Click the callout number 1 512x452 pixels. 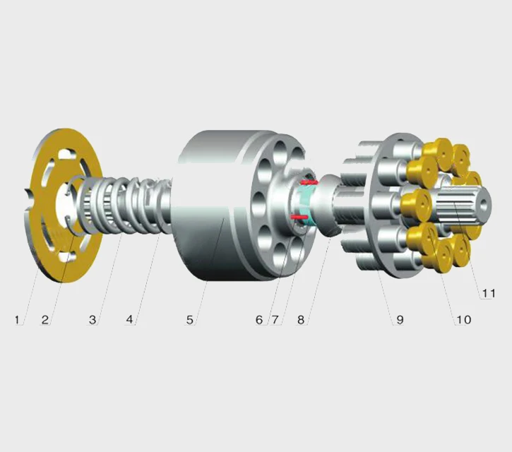tap(17, 320)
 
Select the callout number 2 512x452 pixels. tap(45, 320)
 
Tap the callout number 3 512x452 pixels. tap(93, 320)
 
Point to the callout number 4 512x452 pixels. tap(129, 320)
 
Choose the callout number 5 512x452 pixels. tap(190, 320)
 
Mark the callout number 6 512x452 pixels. tap(259, 320)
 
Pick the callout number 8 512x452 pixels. tap(301, 320)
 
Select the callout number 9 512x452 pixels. tap(400, 320)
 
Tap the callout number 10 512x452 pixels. tap(463, 320)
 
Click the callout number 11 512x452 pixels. tap(488, 292)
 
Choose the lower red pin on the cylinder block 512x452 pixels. tap(300, 217)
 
